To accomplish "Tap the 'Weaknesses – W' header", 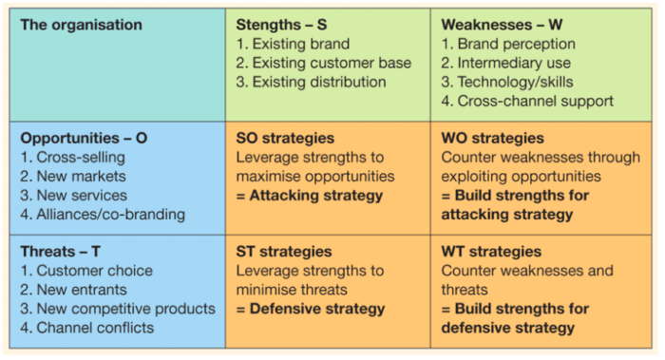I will (500, 25).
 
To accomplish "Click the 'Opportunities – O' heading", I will (84, 138).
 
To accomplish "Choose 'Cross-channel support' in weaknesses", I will (527, 101).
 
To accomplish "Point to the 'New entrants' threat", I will (75, 290).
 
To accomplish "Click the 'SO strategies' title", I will (285, 138).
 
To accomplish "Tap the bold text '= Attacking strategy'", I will (310, 196).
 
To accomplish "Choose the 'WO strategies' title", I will (493, 138).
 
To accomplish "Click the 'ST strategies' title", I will (284, 252).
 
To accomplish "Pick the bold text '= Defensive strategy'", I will (311, 309).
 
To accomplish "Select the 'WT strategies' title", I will (491, 252).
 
